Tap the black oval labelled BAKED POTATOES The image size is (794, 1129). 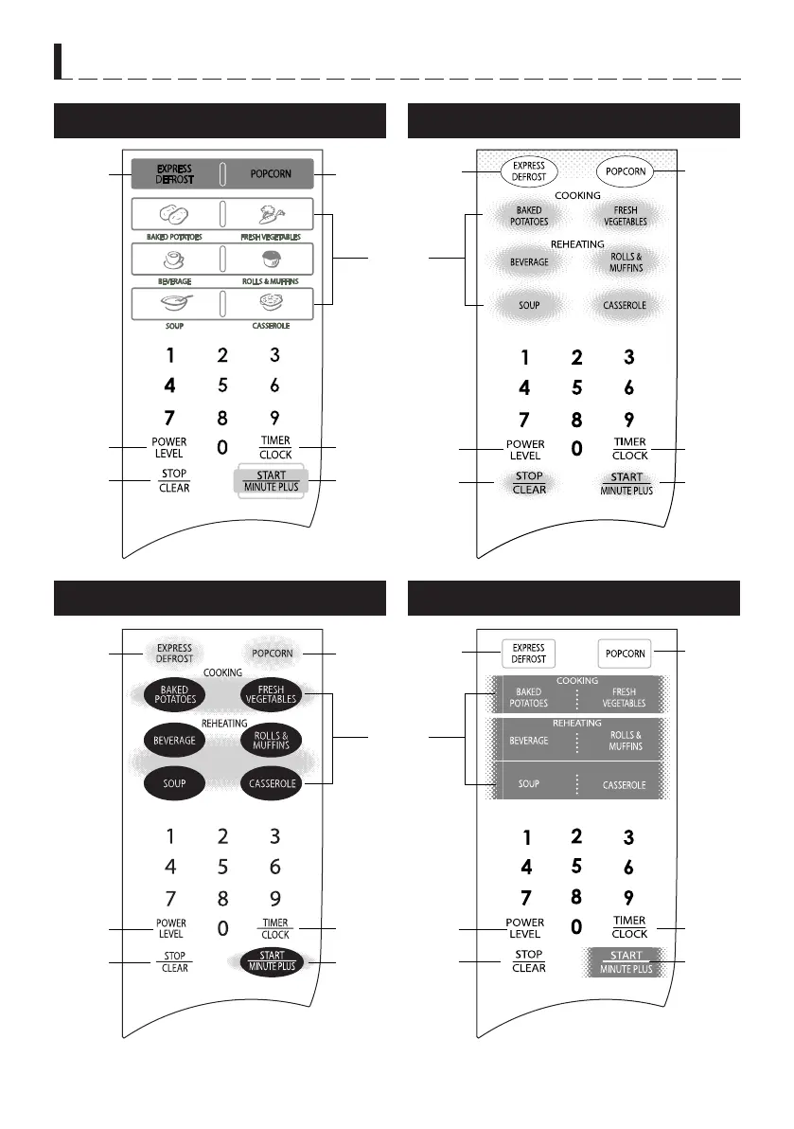click(174, 695)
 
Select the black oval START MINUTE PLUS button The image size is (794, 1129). click(271, 961)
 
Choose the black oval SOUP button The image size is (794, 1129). click(174, 783)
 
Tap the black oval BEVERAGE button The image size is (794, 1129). click(174, 740)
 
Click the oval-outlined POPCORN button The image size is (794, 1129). click(626, 171)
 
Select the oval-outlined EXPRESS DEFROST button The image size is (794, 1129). click(529, 171)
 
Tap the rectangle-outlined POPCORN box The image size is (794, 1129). click(626, 654)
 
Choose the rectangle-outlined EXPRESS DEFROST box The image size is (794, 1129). click(528, 654)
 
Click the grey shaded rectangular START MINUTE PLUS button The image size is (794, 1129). click(626, 962)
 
